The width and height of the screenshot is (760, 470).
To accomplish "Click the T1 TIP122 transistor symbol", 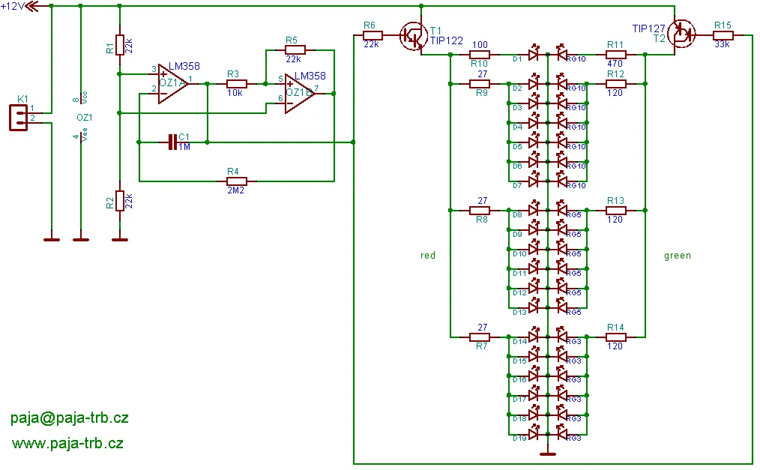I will click(411, 35).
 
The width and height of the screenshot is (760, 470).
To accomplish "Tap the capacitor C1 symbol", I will click(173, 142).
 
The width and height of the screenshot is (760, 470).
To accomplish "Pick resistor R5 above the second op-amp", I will click(292, 49).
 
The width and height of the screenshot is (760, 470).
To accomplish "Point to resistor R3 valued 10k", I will click(236, 83).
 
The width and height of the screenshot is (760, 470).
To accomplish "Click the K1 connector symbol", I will click(19, 117).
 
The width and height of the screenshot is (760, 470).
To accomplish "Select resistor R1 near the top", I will click(119, 45).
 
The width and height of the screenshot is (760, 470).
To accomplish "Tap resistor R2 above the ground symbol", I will click(119, 201).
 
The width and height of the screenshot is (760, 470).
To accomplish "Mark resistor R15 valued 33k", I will click(723, 34).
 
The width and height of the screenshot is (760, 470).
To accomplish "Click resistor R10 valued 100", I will click(480, 54).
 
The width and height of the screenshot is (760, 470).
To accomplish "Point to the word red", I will click(428, 256).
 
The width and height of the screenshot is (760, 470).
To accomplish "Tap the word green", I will click(678, 256).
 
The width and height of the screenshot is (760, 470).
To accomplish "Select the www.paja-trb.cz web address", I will click(67, 443).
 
